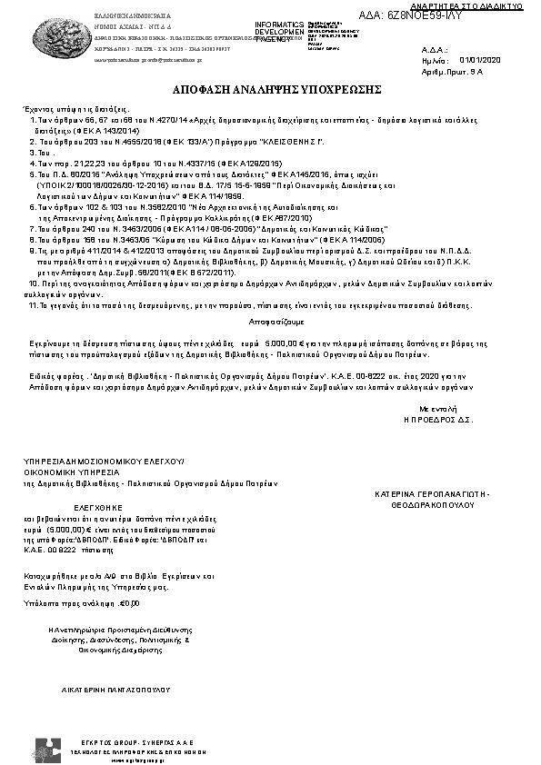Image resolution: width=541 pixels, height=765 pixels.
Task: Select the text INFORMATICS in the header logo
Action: click(277, 24)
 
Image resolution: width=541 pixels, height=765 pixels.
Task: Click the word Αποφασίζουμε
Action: click(270, 323)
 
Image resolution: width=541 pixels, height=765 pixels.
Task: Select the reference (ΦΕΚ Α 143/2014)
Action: click(70, 129)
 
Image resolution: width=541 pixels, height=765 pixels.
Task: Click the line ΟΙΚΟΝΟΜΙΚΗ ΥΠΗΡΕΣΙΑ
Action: click(71, 473)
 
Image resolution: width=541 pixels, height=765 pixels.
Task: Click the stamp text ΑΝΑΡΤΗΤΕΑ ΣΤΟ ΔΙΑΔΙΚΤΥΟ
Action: click(482, 5)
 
